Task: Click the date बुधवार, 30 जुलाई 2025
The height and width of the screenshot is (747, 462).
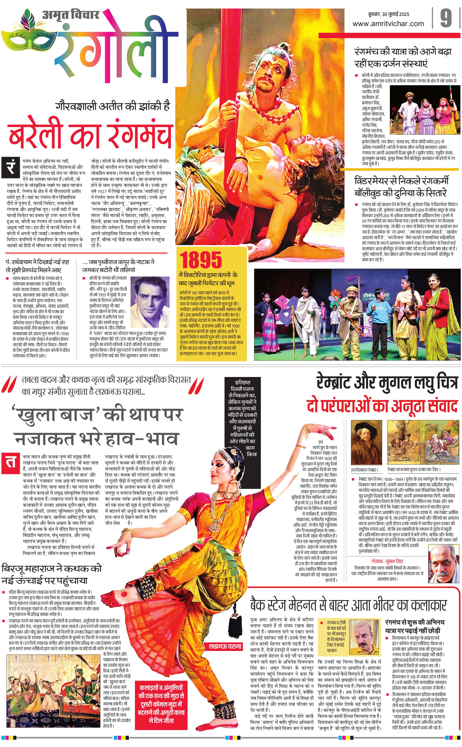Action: point(388,14)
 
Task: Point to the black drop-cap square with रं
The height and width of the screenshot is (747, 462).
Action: point(11,168)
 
